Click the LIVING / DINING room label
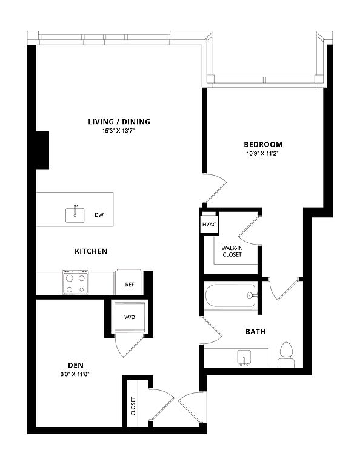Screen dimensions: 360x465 coord(119,122)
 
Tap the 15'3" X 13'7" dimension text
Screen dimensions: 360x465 coord(118,131)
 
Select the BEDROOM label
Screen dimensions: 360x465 coord(263,145)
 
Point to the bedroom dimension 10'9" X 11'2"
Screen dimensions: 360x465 coord(262,154)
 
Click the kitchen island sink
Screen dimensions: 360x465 coord(75,215)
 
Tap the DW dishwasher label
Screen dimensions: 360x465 coord(99,215)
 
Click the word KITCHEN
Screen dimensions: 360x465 coord(91,251)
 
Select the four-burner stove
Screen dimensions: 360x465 coord(75,282)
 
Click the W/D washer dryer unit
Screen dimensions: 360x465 coord(130,317)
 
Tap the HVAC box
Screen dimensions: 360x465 coord(209,225)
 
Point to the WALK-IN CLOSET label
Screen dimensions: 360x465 coord(232,251)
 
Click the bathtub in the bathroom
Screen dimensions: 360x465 coord(230,296)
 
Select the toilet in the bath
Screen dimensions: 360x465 coord(287,355)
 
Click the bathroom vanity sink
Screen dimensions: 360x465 coord(244,358)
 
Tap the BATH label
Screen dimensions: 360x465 coord(255,332)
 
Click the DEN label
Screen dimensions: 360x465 coord(76,365)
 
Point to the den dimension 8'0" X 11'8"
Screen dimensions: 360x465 coord(75,374)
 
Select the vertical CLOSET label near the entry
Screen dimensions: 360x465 coord(133,406)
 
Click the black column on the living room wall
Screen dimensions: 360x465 coord(42,150)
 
